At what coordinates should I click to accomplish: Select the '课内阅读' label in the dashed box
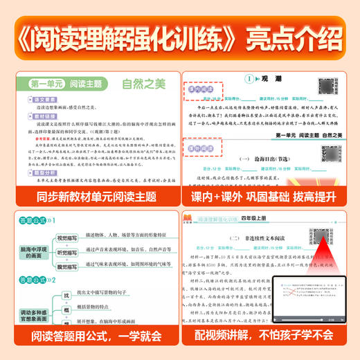[x=206, y=90]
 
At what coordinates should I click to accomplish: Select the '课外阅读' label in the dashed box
[x=206, y=145]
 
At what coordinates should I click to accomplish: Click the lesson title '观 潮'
[x=255, y=80]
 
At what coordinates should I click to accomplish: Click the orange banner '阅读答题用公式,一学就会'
[x=92, y=339]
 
